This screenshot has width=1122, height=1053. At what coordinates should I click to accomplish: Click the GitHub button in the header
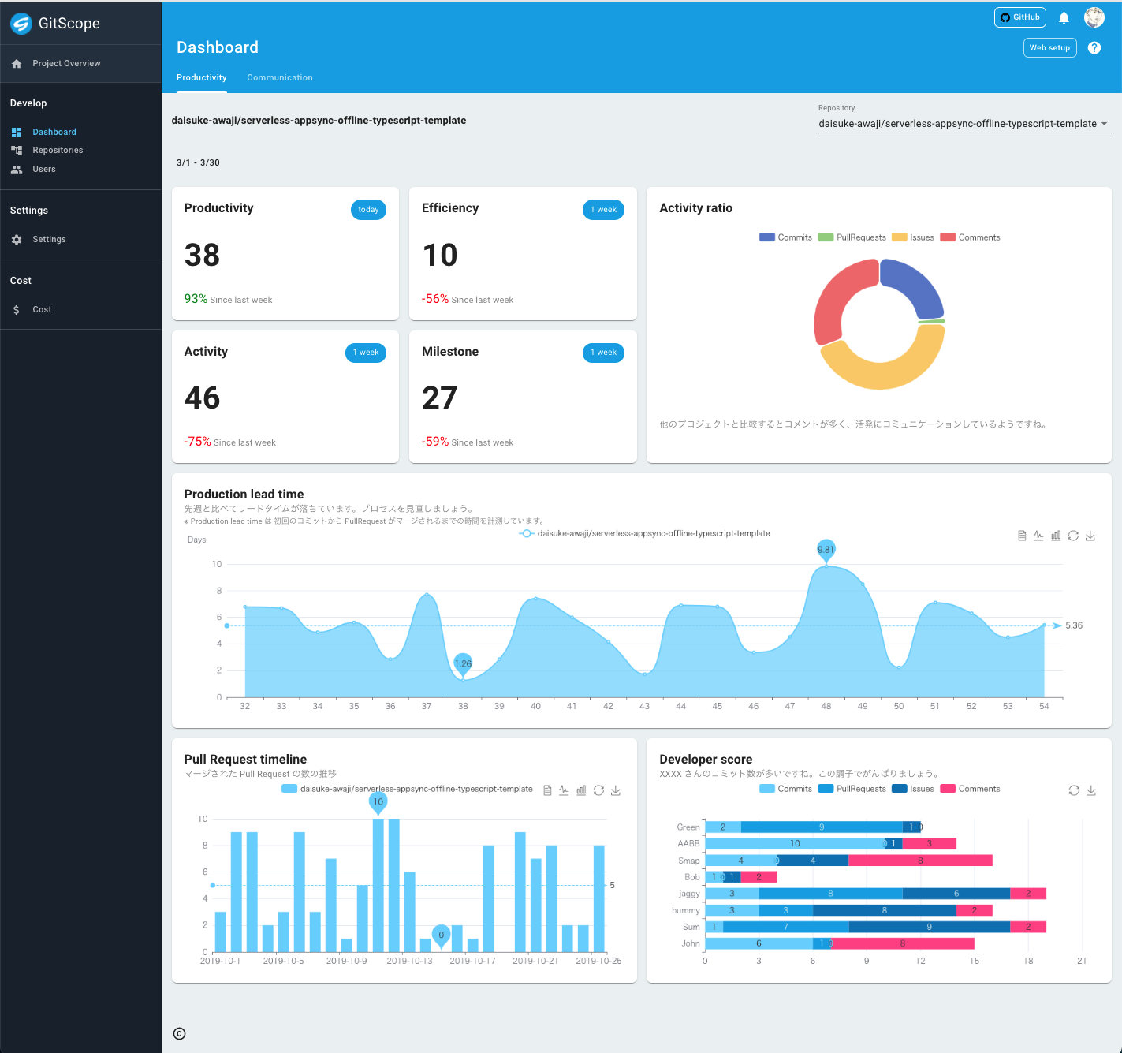pos(1019,17)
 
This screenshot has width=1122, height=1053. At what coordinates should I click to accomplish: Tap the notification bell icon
pos(1064,17)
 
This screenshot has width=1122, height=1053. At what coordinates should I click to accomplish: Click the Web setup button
pos(1049,48)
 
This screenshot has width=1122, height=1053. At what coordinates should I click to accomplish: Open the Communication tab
pos(279,77)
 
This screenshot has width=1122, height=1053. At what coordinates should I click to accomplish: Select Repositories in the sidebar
pos(57,150)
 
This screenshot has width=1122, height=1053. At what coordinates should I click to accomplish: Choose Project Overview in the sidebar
pos(66,63)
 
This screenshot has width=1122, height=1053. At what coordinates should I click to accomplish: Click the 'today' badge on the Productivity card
pos(368,210)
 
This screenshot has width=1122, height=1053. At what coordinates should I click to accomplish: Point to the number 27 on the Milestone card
pos(439,398)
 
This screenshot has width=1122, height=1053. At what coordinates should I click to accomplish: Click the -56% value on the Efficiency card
pos(435,299)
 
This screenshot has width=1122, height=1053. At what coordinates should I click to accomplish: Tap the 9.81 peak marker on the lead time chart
pos(826,550)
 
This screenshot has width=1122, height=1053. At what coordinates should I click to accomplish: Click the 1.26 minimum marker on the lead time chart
pos(463,663)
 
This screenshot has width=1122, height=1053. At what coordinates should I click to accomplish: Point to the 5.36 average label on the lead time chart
pos(1073,625)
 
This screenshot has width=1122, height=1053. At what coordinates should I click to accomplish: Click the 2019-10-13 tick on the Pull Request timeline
pos(409,961)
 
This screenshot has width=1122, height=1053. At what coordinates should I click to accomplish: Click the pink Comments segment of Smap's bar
pos(919,861)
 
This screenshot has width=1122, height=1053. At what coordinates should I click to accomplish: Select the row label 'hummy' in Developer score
pos(685,910)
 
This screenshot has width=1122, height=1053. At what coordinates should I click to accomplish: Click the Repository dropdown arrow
pos(1104,124)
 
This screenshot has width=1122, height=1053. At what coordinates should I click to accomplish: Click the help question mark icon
pos(1094,48)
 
